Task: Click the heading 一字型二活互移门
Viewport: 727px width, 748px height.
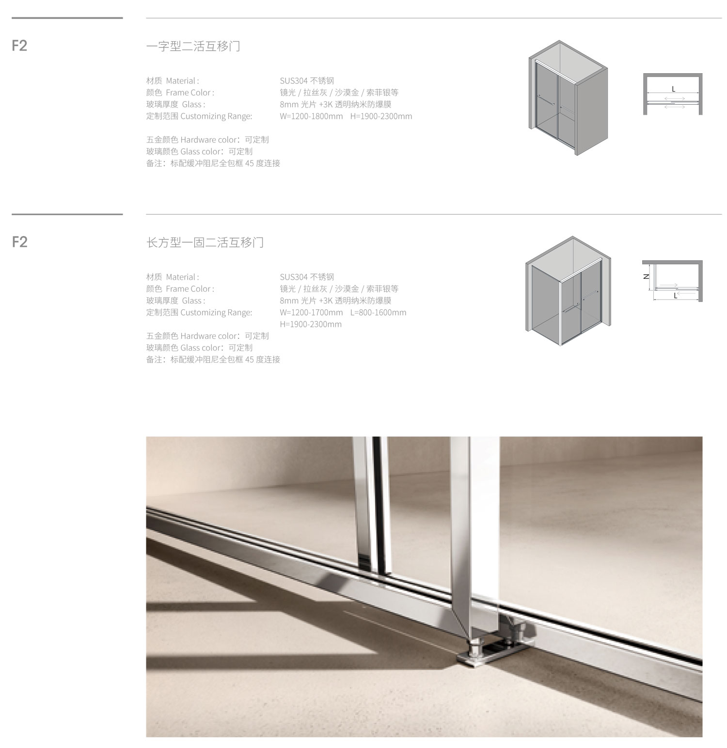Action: pos(193,46)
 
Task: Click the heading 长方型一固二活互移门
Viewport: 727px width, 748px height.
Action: pos(205,242)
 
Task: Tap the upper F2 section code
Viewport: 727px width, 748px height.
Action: pos(20,46)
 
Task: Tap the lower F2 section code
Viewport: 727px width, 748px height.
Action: pos(20,242)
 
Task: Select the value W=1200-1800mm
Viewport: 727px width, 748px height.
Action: pos(311,116)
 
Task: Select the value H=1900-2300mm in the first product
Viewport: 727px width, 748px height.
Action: pos(381,116)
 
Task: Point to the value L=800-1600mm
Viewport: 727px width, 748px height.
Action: pos(378,313)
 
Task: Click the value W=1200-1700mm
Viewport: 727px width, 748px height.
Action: pos(311,313)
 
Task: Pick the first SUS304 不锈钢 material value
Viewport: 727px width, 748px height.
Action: pos(307,81)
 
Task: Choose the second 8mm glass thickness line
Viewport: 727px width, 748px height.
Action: pos(335,301)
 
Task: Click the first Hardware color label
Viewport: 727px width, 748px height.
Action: pos(207,140)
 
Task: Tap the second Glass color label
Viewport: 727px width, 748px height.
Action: pos(199,348)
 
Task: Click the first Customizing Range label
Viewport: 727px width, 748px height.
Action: pos(199,116)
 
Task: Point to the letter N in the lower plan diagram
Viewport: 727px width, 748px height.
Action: pos(646,277)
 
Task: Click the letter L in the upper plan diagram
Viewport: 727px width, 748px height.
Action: pos(673,89)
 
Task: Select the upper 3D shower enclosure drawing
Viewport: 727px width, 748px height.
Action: pos(568,98)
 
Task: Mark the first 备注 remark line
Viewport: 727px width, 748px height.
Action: pos(213,163)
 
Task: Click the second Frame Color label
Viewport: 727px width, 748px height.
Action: pos(180,289)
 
